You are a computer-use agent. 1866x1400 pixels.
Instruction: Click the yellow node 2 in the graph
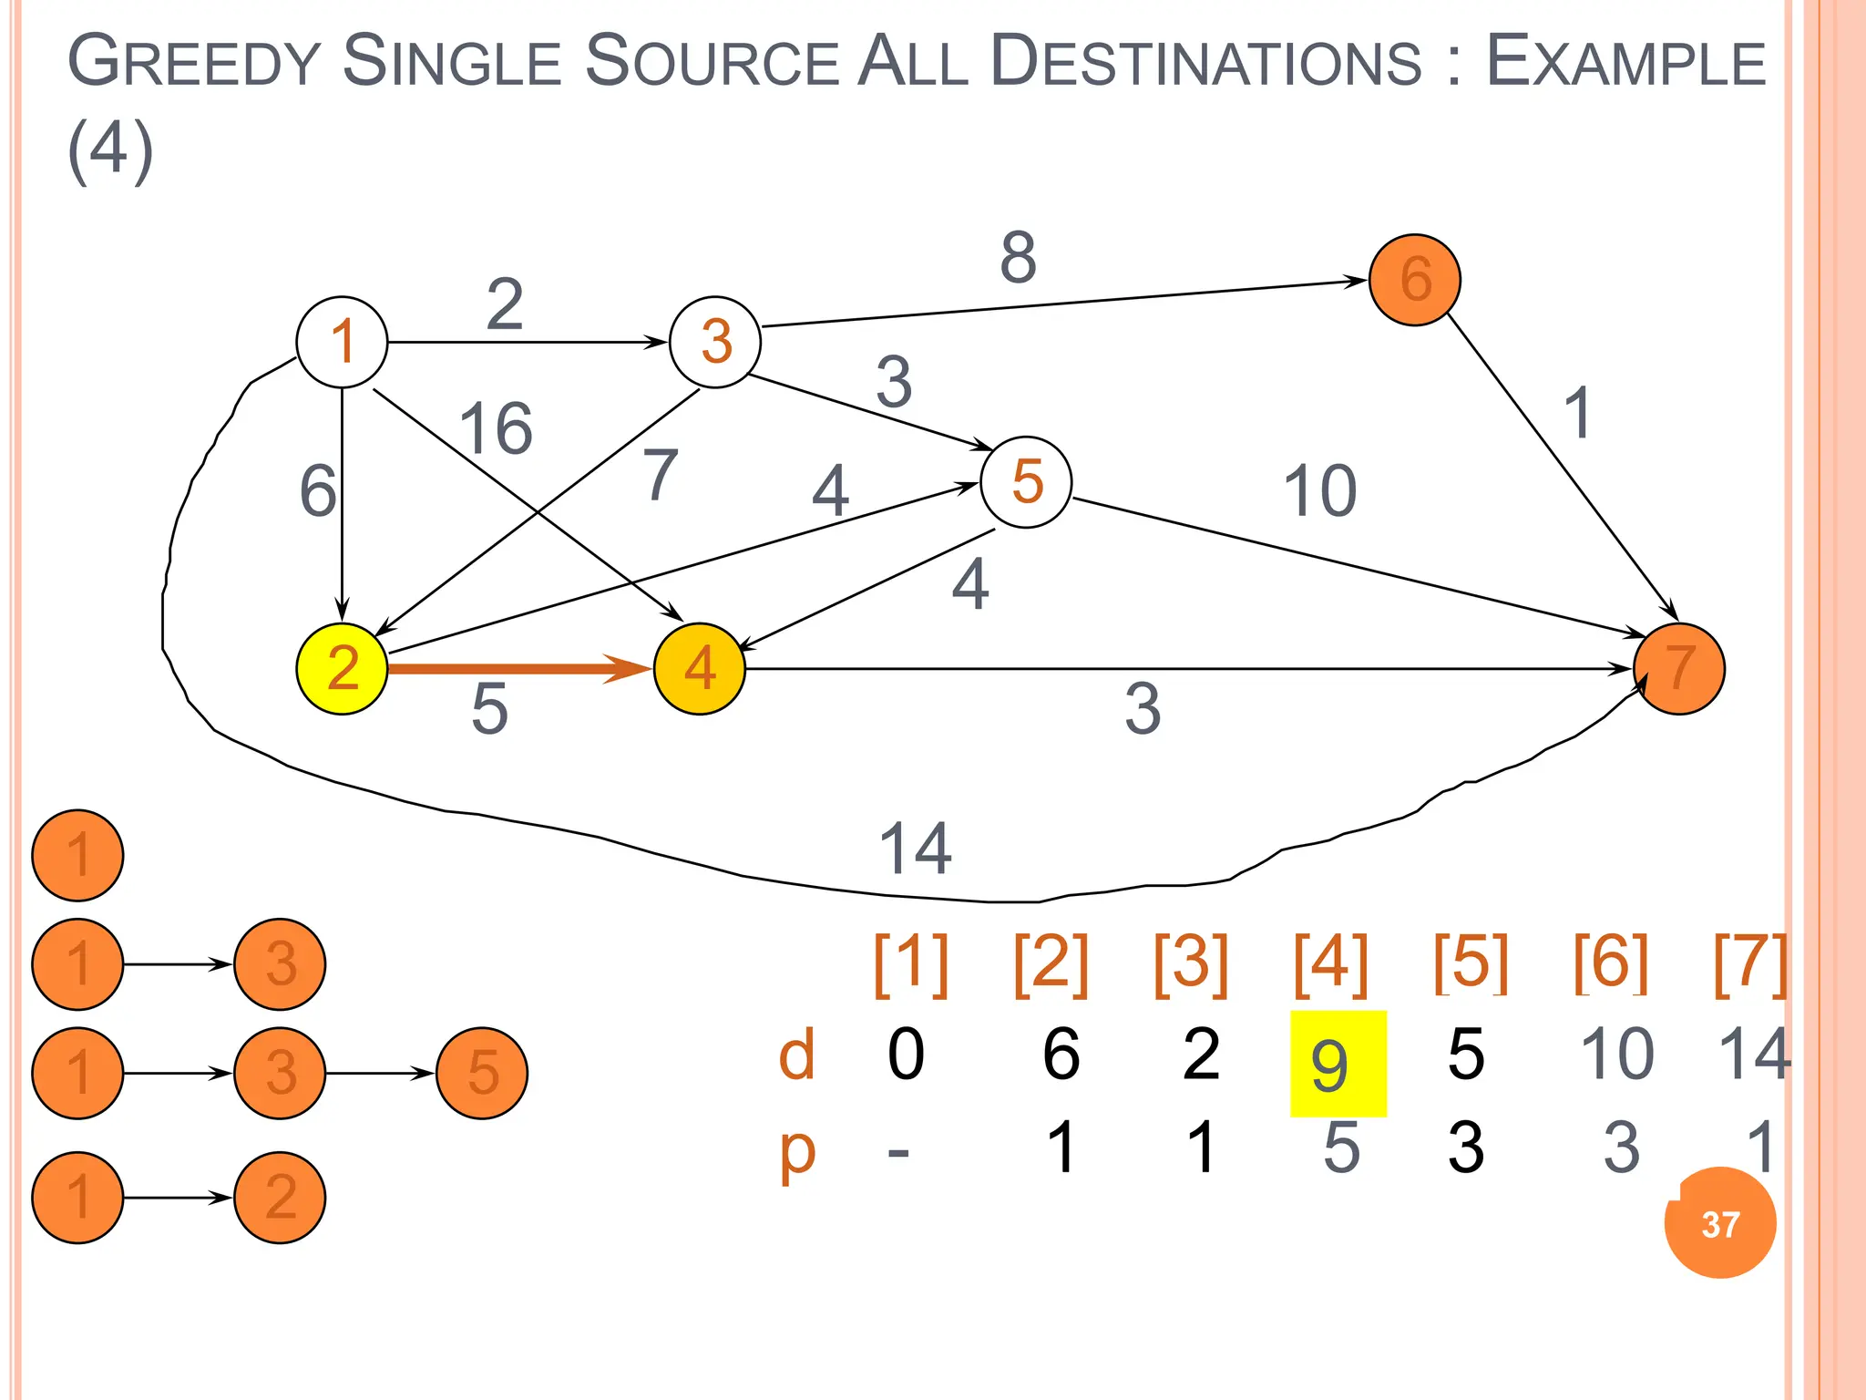point(342,669)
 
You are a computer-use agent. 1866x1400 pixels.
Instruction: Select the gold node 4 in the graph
point(700,669)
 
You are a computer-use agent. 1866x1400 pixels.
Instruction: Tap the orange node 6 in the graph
point(1415,279)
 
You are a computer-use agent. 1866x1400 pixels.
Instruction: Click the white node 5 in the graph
point(1026,482)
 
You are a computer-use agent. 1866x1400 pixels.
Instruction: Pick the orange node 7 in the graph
point(1679,669)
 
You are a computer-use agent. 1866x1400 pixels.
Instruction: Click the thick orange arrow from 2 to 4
point(519,669)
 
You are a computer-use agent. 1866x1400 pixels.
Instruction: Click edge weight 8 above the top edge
point(1018,257)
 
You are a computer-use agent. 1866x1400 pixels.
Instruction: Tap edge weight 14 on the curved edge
point(915,849)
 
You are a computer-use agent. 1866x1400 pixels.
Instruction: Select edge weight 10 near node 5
point(1319,491)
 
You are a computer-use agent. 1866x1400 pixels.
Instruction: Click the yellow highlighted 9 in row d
point(1338,1064)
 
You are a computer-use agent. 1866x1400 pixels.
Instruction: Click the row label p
point(797,1150)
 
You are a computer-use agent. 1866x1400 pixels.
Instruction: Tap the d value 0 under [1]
point(906,1055)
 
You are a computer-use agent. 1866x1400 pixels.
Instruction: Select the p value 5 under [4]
point(1341,1148)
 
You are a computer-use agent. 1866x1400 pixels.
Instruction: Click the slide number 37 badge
point(1720,1224)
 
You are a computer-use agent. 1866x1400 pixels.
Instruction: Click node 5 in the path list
point(482,1073)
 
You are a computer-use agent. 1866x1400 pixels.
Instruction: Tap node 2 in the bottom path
point(280,1197)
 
